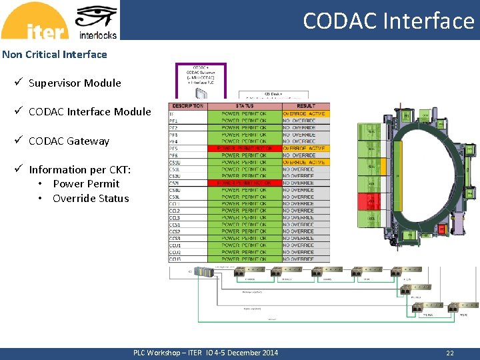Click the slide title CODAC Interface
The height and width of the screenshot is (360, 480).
[x=388, y=21]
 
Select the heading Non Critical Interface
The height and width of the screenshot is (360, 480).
[x=55, y=55]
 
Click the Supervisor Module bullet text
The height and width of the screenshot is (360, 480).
[x=75, y=83]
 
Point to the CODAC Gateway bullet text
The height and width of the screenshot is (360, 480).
[x=69, y=141]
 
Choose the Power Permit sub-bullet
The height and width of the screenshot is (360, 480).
[x=86, y=184]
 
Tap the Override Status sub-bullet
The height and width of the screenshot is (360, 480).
[x=91, y=199]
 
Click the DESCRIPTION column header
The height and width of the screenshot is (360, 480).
[x=187, y=106]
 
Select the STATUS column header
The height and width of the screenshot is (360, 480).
[x=244, y=106]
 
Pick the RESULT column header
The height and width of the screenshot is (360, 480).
[x=306, y=106]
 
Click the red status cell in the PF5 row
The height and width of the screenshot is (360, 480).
[x=244, y=148]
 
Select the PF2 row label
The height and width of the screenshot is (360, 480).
[x=174, y=127]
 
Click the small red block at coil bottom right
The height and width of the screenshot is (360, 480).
[x=441, y=229]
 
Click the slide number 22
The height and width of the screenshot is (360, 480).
[x=450, y=353]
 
